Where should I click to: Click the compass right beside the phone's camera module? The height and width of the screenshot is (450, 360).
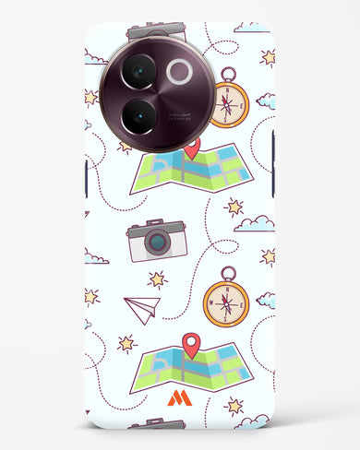pos(226,102)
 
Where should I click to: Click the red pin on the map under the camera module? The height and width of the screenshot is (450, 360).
pos(192,148)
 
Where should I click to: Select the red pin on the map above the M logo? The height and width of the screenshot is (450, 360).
pos(191,346)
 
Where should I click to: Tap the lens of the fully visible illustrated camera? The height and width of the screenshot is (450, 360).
pos(158,243)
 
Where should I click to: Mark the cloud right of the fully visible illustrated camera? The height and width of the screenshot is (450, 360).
pos(255,223)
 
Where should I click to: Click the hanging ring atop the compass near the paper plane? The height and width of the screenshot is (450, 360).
pos(227,273)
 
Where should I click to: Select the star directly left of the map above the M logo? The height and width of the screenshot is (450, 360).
pos(126,344)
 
